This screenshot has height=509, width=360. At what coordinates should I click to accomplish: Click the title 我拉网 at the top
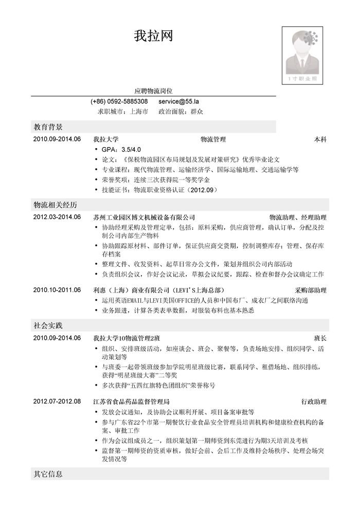point(153,36)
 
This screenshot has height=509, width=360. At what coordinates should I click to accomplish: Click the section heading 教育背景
point(48,126)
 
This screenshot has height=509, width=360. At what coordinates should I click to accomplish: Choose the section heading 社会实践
point(48,325)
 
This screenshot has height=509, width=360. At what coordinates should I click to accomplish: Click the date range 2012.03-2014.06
point(57,217)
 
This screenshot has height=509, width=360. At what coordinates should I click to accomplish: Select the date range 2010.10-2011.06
point(57,290)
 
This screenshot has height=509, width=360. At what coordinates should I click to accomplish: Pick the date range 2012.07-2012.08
point(57,401)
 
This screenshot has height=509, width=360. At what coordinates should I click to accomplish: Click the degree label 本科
point(320,139)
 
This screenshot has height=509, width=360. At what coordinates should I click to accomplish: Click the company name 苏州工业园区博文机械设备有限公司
point(145,217)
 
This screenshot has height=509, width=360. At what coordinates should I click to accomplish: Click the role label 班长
point(320,338)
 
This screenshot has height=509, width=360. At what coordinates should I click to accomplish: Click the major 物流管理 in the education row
point(213,139)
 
